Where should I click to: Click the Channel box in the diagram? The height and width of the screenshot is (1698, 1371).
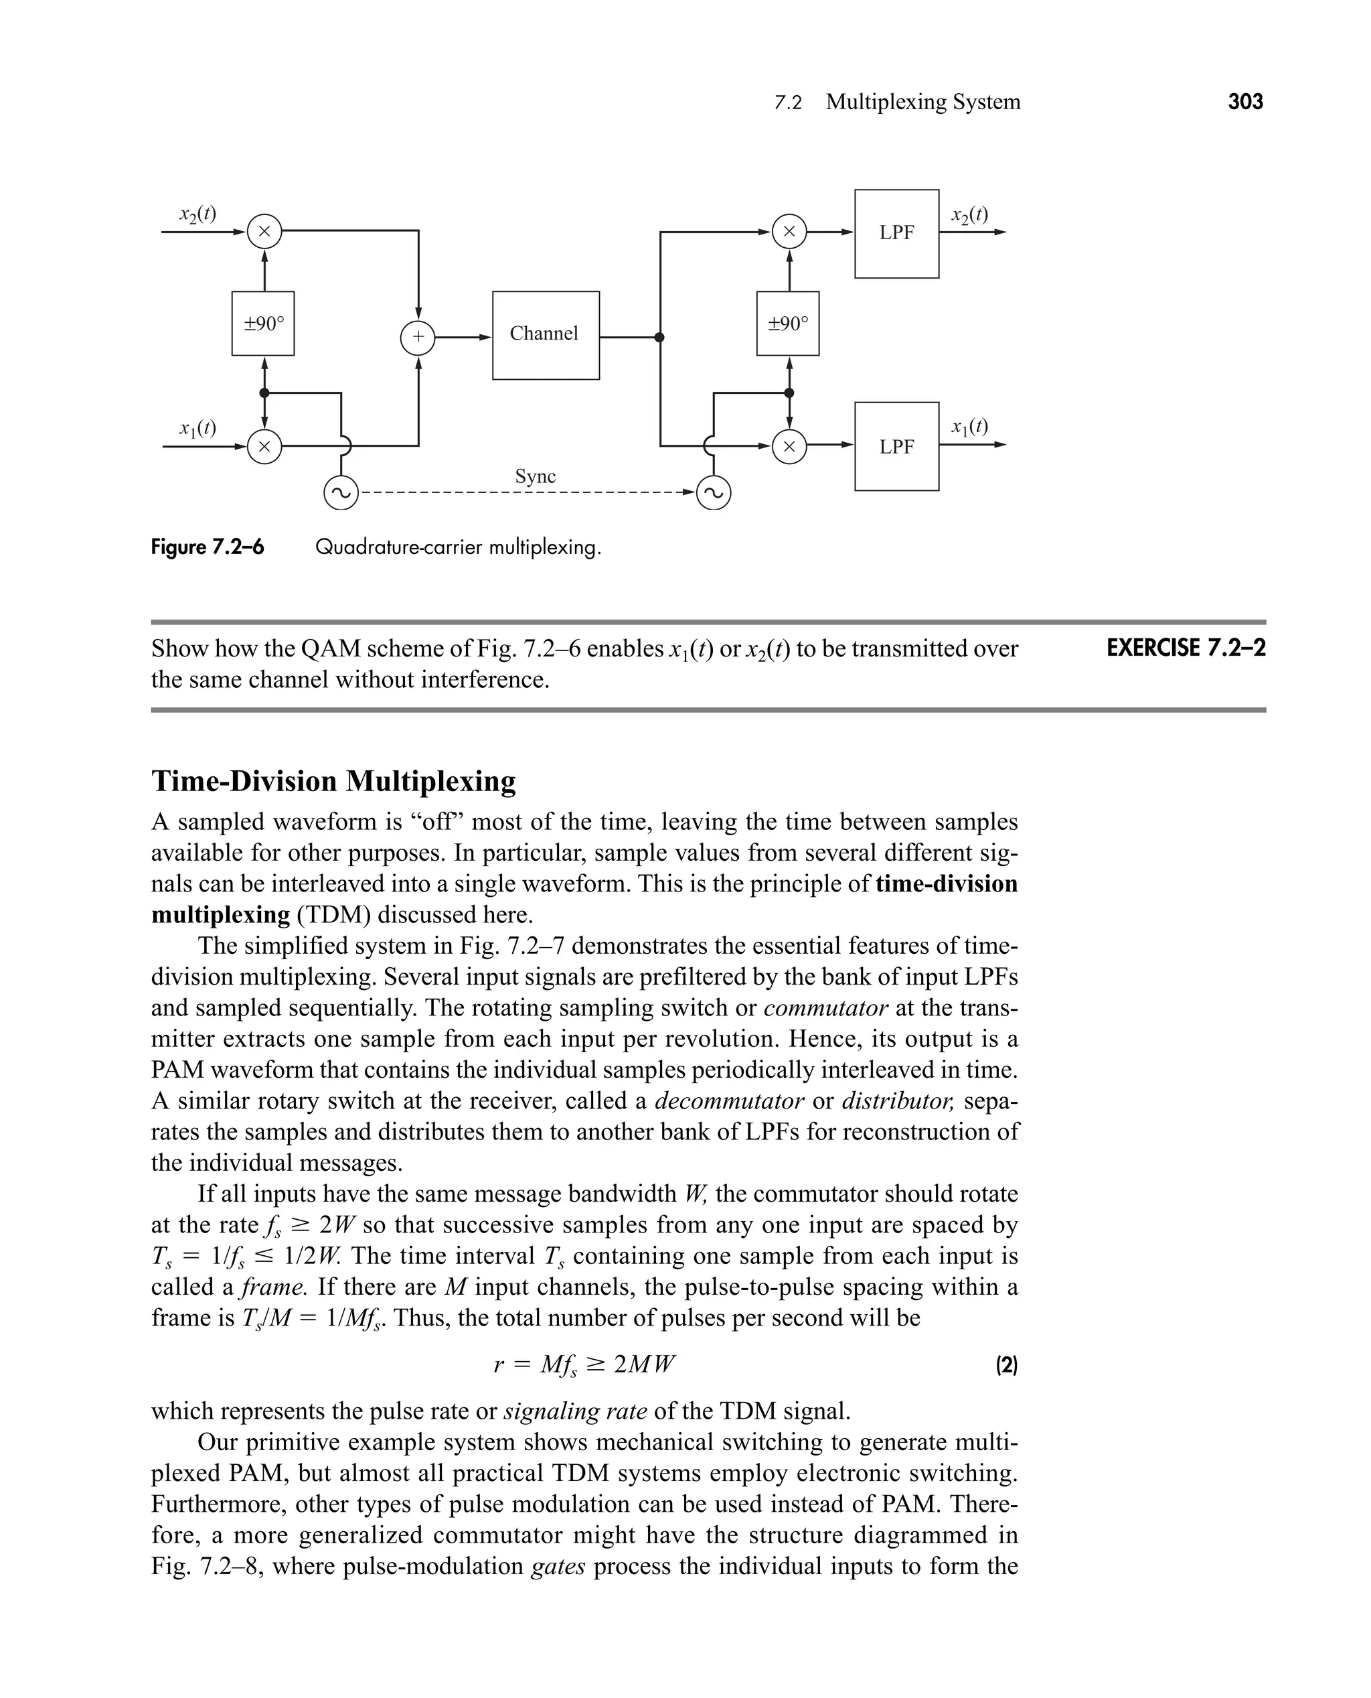click(x=546, y=335)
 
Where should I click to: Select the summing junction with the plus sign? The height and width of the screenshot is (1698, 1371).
click(x=418, y=338)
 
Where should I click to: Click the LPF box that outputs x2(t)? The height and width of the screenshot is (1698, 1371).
click(x=896, y=233)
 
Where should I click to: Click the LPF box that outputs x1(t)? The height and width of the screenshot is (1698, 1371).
click(x=896, y=446)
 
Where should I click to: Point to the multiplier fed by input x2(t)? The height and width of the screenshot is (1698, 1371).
click(x=264, y=232)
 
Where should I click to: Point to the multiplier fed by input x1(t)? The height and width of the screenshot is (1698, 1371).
click(x=264, y=446)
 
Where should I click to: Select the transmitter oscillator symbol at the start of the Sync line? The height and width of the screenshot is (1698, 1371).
click(x=341, y=494)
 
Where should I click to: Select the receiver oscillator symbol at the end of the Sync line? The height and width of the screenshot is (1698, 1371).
click(x=714, y=494)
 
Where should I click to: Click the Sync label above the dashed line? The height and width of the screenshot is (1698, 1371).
click(x=535, y=476)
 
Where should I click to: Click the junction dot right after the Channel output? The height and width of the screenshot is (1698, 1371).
click(x=659, y=338)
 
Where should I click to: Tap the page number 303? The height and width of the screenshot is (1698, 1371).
click(x=1245, y=102)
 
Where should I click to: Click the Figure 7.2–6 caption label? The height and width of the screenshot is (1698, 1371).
click(x=208, y=547)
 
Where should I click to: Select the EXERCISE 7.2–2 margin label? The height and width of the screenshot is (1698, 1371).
click(x=1186, y=648)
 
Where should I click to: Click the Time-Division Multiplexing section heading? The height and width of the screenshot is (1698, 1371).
click(x=333, y=780)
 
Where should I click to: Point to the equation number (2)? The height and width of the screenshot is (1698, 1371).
click(x=1006, y=1364)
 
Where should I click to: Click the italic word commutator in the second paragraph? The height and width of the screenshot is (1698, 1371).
click(x=826, y=1008)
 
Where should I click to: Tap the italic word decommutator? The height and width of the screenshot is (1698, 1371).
click(x=729, y=1101)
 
